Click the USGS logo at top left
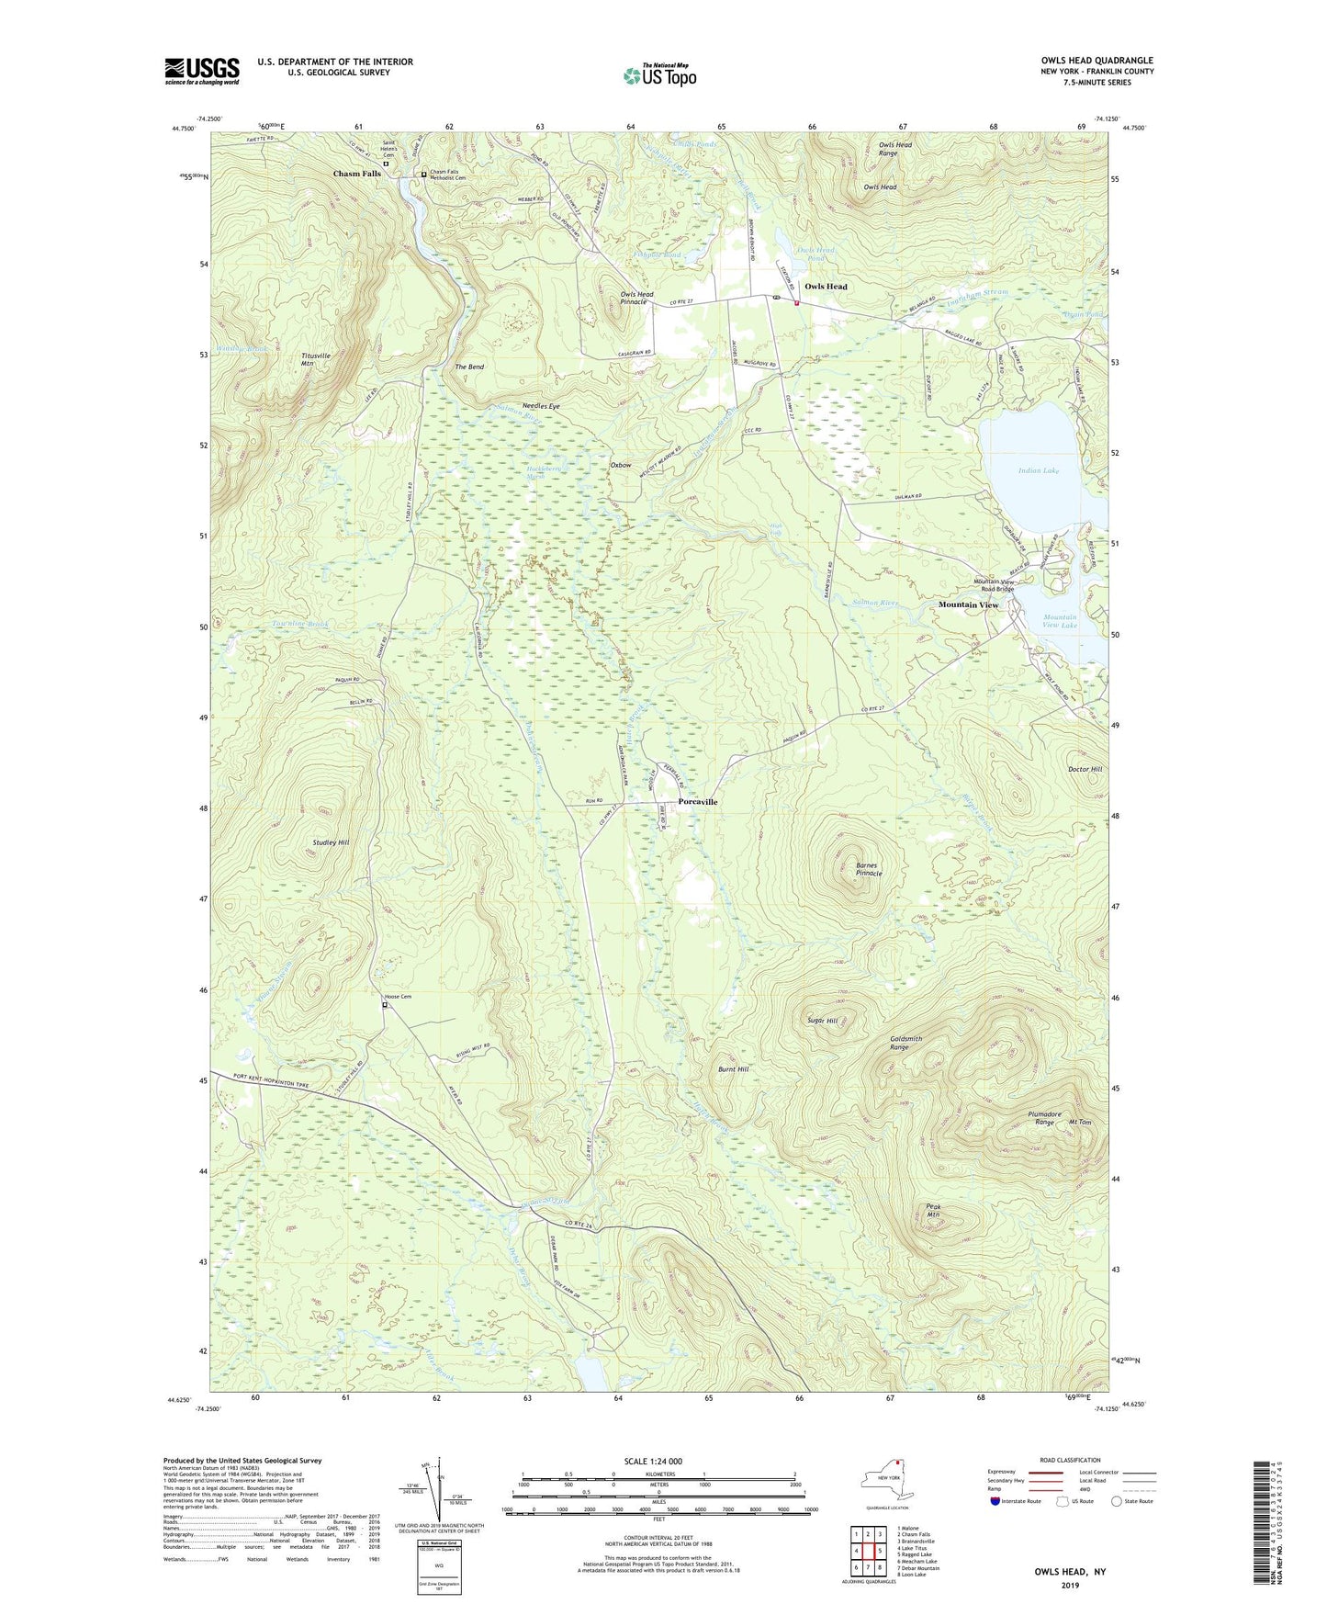pos(202,71)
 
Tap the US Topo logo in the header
pos(658,74)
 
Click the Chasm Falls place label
pos(357,174)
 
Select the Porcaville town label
pos(698,802)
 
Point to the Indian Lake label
pos(1038,470)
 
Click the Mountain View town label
pos(968,605)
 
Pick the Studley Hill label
pos(331,842)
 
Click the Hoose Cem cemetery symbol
pos(385,1005)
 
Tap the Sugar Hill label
pos(822,1021)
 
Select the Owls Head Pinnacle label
pos(633,298)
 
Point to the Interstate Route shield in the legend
pos(995,1501)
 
